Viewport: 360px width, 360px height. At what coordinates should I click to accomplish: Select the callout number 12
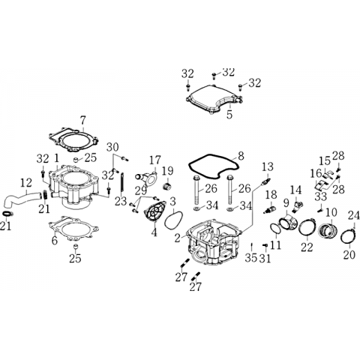[26, 183]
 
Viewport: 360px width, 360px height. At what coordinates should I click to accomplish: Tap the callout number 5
[229, 115]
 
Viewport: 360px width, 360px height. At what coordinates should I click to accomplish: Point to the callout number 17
[155, 160]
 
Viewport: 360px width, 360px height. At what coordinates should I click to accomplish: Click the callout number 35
[251, 258]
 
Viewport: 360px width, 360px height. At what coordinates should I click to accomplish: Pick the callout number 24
[355, 215]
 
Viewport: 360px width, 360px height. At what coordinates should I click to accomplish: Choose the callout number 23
[121, 201]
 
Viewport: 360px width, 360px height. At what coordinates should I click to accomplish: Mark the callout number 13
[268, 166]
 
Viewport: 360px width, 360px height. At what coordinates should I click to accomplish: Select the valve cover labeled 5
[214, 100]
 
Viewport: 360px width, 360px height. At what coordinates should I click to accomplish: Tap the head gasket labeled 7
[73, 140]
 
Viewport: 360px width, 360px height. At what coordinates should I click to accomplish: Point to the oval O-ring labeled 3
[173, 220]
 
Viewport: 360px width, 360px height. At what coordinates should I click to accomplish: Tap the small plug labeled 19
[166, 187]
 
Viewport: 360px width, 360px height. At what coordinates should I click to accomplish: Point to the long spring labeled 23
[122, 184]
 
